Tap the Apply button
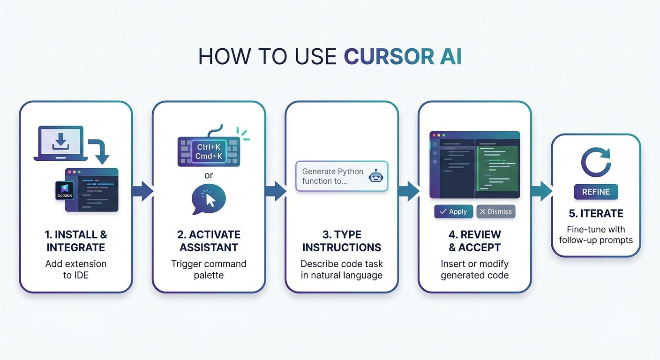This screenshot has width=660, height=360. click(453, 211)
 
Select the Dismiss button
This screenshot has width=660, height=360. click(495, 211)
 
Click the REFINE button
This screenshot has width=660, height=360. click(596, 192)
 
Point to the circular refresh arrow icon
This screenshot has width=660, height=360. click(596, 162)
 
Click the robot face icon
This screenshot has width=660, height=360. click(375, 176)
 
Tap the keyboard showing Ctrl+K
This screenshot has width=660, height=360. click(209, 151)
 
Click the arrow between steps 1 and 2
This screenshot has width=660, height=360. click(142, 191)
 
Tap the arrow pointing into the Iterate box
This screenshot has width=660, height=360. click(541, 191)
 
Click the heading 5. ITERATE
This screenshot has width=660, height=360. click(596, 213)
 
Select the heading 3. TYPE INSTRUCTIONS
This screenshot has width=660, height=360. click(342, 241)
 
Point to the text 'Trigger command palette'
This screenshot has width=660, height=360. click(209, 270)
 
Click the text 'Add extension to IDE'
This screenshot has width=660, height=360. click(76, 270)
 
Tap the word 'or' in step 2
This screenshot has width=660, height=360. click(209, 175)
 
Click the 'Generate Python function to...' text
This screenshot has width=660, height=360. click(332, 176)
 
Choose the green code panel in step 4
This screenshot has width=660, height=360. click(497, 168)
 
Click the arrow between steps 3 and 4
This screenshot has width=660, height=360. click(408, 191)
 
